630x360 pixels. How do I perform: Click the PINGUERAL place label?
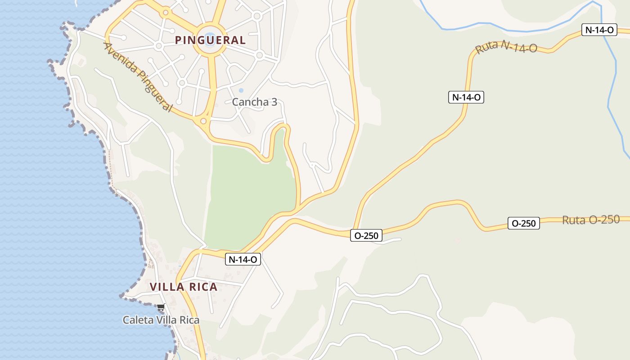tap(210, 40)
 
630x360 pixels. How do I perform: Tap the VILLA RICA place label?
tap(184, 287)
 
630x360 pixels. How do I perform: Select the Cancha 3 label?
tap(255, 102)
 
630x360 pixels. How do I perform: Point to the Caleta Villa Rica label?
tap(161, 320)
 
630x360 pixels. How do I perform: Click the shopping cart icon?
tap(161, 307)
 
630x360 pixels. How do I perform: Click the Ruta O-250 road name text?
tap(591, 220)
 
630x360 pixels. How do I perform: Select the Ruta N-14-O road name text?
tap(506, 47)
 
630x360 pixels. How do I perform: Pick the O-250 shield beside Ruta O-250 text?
tap(524, 223)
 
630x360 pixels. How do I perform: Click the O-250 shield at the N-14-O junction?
tap(366, 235)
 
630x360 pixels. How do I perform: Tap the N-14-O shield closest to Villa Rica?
tap(243, 259)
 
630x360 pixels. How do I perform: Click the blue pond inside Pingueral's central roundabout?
tap(209, 40)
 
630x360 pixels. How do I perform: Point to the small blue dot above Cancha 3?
tap(241, 90)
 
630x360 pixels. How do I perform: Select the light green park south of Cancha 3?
tap(250, 193)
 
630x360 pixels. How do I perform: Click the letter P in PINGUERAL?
tap(178, 40)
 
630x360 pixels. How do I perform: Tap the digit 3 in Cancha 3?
tap(274, 102)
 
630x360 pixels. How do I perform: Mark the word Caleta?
tap(136, 320)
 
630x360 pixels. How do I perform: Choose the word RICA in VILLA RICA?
tap(203, 287)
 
